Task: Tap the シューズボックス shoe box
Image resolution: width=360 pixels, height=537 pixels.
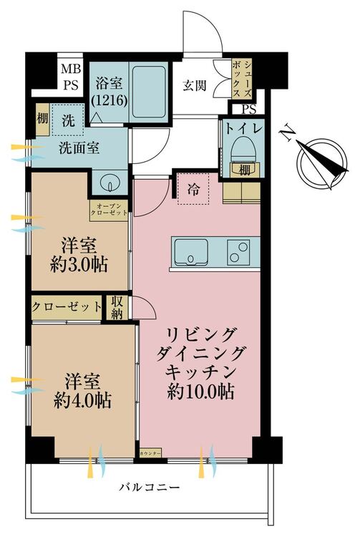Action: [243, 75]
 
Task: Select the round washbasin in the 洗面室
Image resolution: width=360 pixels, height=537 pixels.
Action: [110, 183]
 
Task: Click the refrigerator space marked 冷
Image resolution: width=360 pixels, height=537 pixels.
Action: [194, 189]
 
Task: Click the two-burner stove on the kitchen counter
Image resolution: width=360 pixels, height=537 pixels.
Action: [242, 252]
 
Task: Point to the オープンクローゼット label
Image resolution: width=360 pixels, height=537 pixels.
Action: [109, 210]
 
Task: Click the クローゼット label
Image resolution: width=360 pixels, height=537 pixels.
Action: [67, 306]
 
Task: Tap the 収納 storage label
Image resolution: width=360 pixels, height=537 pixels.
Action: [117, 306]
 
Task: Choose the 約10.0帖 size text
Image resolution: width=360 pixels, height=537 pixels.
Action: [200, 392]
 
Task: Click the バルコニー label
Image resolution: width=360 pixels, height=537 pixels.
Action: [150, 488]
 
